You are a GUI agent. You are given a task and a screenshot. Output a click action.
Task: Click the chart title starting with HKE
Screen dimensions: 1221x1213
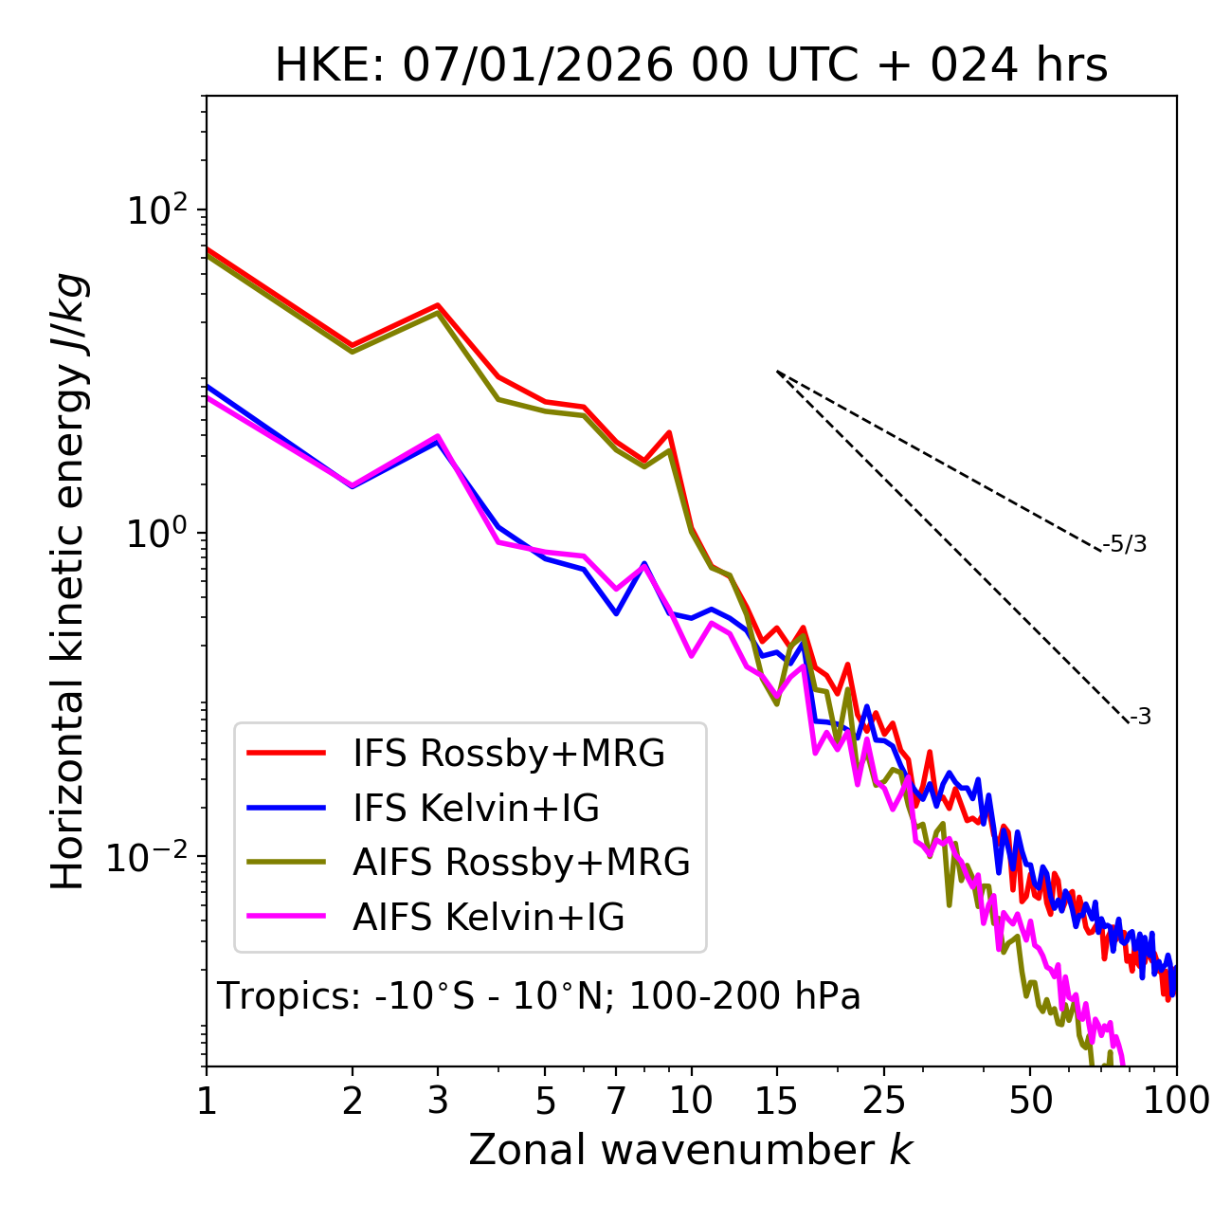tap(691, 66)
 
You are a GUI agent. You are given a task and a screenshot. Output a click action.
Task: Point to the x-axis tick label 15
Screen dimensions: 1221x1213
tap(776, 1101)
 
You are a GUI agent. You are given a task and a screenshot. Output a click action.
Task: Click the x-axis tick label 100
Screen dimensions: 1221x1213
tap(1174, 1101)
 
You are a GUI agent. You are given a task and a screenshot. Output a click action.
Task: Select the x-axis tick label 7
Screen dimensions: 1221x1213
tap(616, 1101)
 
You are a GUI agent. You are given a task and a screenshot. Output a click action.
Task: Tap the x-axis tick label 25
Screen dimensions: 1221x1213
tap(884, 1101)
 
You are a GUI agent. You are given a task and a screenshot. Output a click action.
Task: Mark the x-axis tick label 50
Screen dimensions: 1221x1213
tap(1030, 1101)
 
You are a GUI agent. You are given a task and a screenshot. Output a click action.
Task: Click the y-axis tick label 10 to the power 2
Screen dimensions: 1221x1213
tap(156, 210)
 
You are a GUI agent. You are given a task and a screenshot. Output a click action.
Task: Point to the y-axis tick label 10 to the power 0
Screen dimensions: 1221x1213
tap(156, 534)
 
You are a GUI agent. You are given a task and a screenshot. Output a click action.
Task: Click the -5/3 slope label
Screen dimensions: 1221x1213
tap(1125, 544)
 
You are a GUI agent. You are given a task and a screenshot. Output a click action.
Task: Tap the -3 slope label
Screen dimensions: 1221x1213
tap(1140, 718)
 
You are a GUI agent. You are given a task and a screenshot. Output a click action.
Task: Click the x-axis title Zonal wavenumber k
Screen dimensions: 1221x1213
tap(691, 1150)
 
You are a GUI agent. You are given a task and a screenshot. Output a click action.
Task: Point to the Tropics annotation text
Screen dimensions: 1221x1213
tap(539, 997)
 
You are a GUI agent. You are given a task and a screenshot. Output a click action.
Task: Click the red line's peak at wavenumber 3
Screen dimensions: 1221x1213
tap(438, 305)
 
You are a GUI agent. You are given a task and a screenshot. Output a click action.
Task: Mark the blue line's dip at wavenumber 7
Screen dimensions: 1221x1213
tap(616, 613)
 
